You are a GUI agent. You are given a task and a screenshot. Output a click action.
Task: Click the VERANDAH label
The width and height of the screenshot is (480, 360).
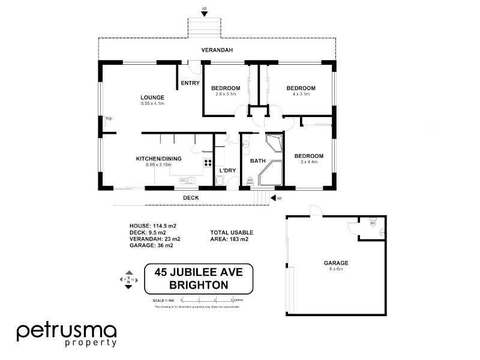coord(217,50)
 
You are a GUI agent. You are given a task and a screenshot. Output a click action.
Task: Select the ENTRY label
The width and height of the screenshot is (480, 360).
coord(190,83)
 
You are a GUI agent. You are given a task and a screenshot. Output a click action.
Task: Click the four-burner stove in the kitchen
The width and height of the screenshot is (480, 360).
coord(208,163)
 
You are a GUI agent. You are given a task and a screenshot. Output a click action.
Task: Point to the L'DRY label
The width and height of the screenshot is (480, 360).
coord(227,171)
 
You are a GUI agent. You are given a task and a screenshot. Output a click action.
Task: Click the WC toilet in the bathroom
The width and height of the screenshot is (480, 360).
coord(250,179)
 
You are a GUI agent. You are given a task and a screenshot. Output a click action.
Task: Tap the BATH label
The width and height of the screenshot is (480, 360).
coord(257,161)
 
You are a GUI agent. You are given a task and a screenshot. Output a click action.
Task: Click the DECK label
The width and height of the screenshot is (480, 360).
coord(190,197)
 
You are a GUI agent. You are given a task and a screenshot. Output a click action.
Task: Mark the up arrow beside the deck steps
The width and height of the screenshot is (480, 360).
coord(274,197)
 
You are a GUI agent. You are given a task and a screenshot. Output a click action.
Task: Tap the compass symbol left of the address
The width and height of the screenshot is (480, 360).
coord(128,280)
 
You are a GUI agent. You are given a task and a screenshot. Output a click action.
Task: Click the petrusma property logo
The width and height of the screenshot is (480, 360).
coord(66,334)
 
